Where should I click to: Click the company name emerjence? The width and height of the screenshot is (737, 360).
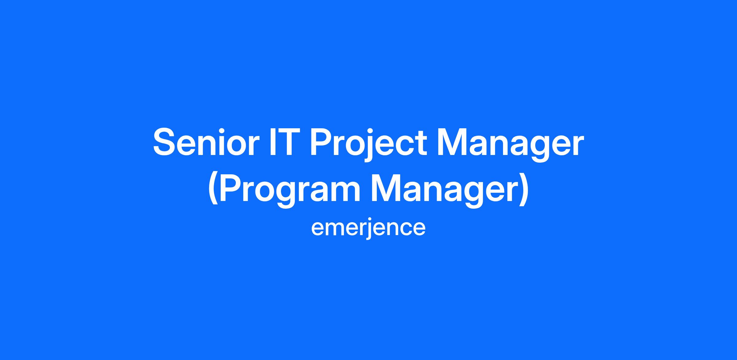coord(368,228)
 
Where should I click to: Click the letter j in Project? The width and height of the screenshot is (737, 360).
coord(368,146)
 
